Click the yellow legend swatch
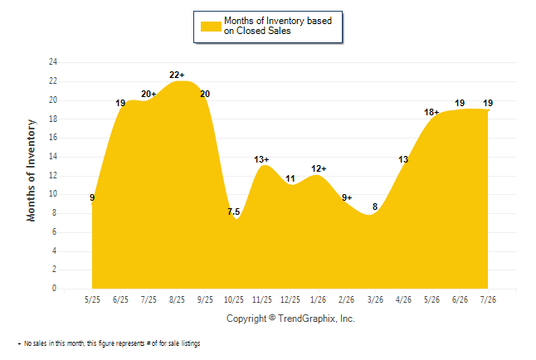(x=211, y=27)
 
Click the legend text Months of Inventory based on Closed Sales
(x=278, y=26)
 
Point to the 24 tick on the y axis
(x=53, y=62)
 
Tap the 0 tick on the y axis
(x=55, y=288)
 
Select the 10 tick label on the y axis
(x=53, y=194)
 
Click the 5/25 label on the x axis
(x=92, y=299)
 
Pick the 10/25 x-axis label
(x=234, y=299)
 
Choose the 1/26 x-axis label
(x=319, y=299)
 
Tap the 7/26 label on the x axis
(x=488, y=299)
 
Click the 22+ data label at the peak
(x=177, y=75)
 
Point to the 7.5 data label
(x=234, y=212)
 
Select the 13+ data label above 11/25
(x=261, y=159)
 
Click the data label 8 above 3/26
(x=375, y=207)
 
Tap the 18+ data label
(x=431, y=112)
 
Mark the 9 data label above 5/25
(x=92, y=197)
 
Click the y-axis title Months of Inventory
(x=31, y=171)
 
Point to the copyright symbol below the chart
(x=272, y=318)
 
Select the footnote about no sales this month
(x=110, y=343)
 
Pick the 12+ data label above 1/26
(x=319, y=168)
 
